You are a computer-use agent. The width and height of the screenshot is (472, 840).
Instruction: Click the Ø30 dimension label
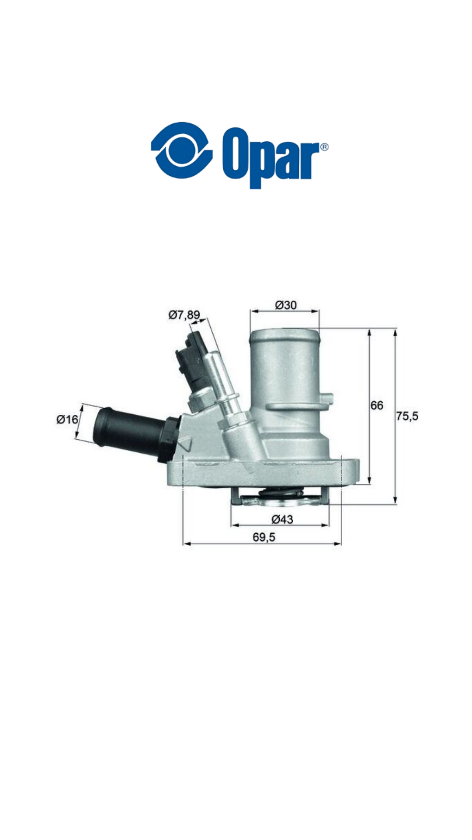click(x=286, y=305)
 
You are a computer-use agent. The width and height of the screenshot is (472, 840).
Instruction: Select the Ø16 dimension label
click(x=67, y=419)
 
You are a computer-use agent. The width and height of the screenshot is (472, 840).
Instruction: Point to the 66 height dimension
click(x=377, y=406)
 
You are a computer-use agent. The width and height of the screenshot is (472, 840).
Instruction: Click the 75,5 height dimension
click(x=407, y=416)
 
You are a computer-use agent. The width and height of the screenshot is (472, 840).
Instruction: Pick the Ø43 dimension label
click(x=282, y=519)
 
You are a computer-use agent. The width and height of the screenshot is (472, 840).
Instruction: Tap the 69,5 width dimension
click(x=264, y=537)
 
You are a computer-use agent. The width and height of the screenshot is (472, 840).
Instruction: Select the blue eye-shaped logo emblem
click(x=181, y=150)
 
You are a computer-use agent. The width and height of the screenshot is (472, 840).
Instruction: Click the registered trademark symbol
click(x=324, y=147)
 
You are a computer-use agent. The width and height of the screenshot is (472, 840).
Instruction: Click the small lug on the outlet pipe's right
click(x=328, y=399)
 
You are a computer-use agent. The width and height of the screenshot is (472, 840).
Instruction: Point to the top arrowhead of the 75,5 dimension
click(x=395, y=333)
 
